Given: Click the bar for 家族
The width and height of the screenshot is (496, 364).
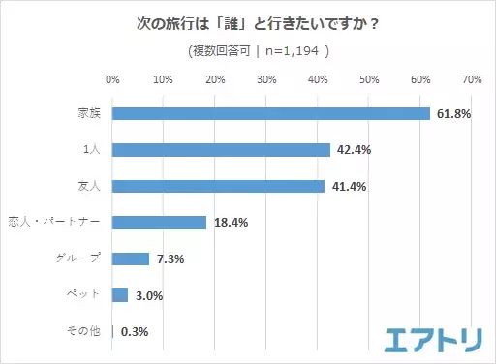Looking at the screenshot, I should tap(271, 113).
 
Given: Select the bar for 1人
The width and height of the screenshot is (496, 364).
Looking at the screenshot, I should tap(221, 150).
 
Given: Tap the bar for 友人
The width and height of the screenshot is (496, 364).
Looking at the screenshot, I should tap(218, 186).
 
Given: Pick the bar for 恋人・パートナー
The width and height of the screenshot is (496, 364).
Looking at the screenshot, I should tap(159, 223).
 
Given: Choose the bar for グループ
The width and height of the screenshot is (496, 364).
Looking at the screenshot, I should tap(131, 258).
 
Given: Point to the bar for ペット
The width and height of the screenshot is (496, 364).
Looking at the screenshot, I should tap(120, 295).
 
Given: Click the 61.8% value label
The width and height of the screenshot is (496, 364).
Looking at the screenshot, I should tap(454, 114).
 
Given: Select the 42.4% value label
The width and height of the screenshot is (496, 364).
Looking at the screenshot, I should tap(355, 150).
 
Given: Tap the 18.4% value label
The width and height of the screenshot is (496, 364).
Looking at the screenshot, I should tap(231, 223).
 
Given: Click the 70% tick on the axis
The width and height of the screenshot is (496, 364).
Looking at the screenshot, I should tap(472, 79).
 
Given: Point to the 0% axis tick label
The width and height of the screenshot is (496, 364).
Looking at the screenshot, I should tap(112, 79).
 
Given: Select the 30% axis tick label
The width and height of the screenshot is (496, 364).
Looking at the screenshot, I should tap(266, 79).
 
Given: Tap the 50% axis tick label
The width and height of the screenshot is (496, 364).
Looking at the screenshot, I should tap(369, 79).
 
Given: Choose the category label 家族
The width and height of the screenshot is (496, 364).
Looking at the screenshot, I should tap(92, 113).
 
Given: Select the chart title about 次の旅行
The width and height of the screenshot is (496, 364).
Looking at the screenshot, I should tap(247, 20).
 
